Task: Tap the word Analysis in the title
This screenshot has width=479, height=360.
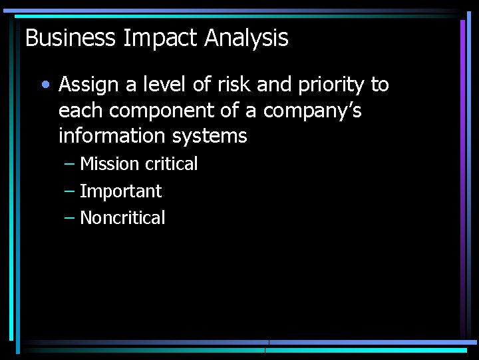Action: point(246,38)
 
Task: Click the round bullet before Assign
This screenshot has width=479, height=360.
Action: point(45,85)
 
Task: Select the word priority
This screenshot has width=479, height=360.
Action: point(329,85)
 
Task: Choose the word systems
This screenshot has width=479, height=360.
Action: point(210,137)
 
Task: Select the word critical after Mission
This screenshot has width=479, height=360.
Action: point(171,164)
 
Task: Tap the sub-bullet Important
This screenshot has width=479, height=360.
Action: point(120,191)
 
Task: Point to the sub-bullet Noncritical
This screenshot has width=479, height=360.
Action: point(122,218)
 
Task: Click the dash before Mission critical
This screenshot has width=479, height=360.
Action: point(70,164)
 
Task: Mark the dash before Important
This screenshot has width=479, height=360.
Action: point(70,191)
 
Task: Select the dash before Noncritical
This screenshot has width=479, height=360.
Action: point(70,218)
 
